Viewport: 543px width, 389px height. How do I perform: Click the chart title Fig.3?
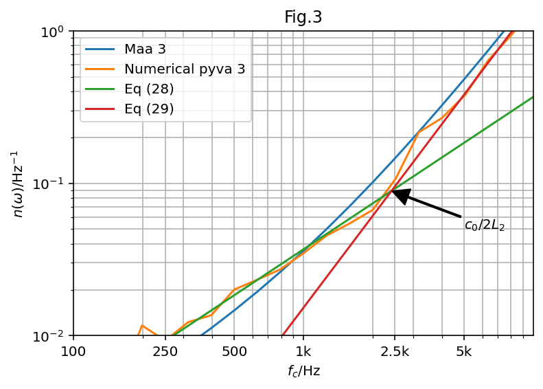tap(303, 17)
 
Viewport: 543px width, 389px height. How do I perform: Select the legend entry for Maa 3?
tap(145, 49)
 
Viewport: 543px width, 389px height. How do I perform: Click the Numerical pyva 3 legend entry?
tap(185, 69)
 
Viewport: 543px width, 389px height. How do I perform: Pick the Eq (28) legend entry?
tap(149, 89)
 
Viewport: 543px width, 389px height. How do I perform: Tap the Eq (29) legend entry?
tap(149, 109)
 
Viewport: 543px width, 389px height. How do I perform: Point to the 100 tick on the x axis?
tap(73, 352)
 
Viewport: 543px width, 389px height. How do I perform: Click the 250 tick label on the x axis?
tap(165, 352)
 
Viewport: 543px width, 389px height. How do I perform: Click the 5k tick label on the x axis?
tap(463, 352)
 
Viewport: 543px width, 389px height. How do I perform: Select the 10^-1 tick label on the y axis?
tap(54, 184)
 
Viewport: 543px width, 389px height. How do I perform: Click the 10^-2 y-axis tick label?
tap(54, 336)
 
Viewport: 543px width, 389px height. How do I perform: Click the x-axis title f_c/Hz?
tap(303, 372)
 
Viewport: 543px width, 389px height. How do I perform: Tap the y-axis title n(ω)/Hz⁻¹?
tap(19, 184)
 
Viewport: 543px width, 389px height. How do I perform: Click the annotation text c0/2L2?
tap(485, 225)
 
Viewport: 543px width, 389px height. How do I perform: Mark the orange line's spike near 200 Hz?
tap(142, 325)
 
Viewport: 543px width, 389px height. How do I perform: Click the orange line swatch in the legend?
tap(100, 69)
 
